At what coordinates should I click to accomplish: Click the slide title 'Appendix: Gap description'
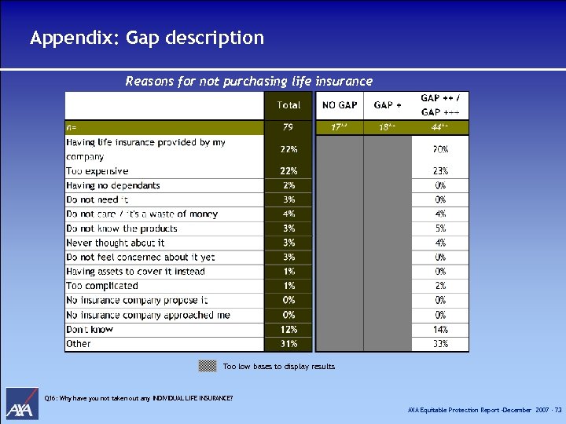click(147, 38)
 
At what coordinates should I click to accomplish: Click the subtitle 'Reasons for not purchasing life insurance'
click(249, 81)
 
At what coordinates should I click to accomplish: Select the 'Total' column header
click(289, 105)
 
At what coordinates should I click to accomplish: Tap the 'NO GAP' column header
click(339, 105)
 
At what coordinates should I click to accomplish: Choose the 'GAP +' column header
click(388, 105)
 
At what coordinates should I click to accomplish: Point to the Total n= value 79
click(289, 126)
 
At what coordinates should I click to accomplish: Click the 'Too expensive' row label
click(97, 171)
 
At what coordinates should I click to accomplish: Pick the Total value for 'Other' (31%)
click(289, 344)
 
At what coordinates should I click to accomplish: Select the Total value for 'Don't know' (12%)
click(289, 330)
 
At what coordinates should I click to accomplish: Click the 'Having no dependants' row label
click(113, 185)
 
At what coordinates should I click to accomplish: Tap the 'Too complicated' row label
click(102, 286)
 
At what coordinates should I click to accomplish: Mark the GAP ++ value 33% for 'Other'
click(440, 344)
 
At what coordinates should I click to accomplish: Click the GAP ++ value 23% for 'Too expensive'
click(440, 171)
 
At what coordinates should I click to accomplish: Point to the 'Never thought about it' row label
click(116, 243)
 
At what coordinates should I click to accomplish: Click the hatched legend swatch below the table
click(208, 365)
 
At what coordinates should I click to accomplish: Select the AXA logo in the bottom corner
click(22, 404)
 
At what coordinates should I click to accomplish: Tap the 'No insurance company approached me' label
click(149, 315)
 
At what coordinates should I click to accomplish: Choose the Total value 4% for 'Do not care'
click(289, 214)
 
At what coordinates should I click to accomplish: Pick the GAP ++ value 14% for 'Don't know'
click(440, 330)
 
